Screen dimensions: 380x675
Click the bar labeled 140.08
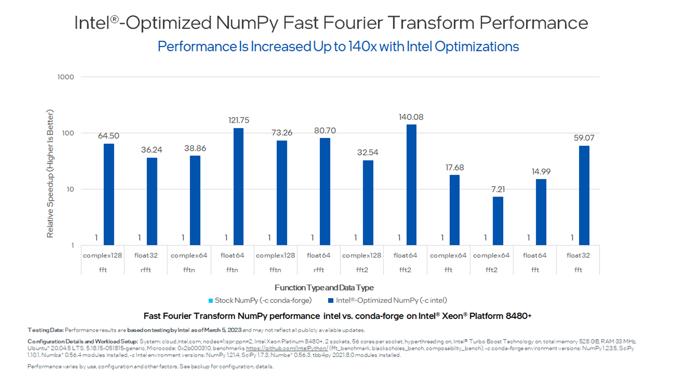point(411,185)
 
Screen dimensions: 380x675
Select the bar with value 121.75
point(238,186)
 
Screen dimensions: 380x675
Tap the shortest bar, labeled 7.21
point(498,221)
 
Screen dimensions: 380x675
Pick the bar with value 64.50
point(109,194)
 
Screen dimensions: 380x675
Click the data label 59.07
point(584,138)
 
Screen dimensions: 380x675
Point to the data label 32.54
point(368,152)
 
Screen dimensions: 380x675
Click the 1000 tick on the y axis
point(66,77)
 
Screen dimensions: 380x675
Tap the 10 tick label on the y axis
point(70,189)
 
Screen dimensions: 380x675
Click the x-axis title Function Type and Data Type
point(324,288)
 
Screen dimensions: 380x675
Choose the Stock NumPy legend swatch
point(211,301)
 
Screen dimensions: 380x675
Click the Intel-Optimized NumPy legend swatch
point(330,301)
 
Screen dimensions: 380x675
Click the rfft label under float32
point(146,270)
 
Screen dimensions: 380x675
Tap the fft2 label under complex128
point(362,270)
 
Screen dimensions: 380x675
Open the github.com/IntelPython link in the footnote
point(287,348)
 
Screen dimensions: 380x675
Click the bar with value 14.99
point(541,212)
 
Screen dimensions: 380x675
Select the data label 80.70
point(325,131)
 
